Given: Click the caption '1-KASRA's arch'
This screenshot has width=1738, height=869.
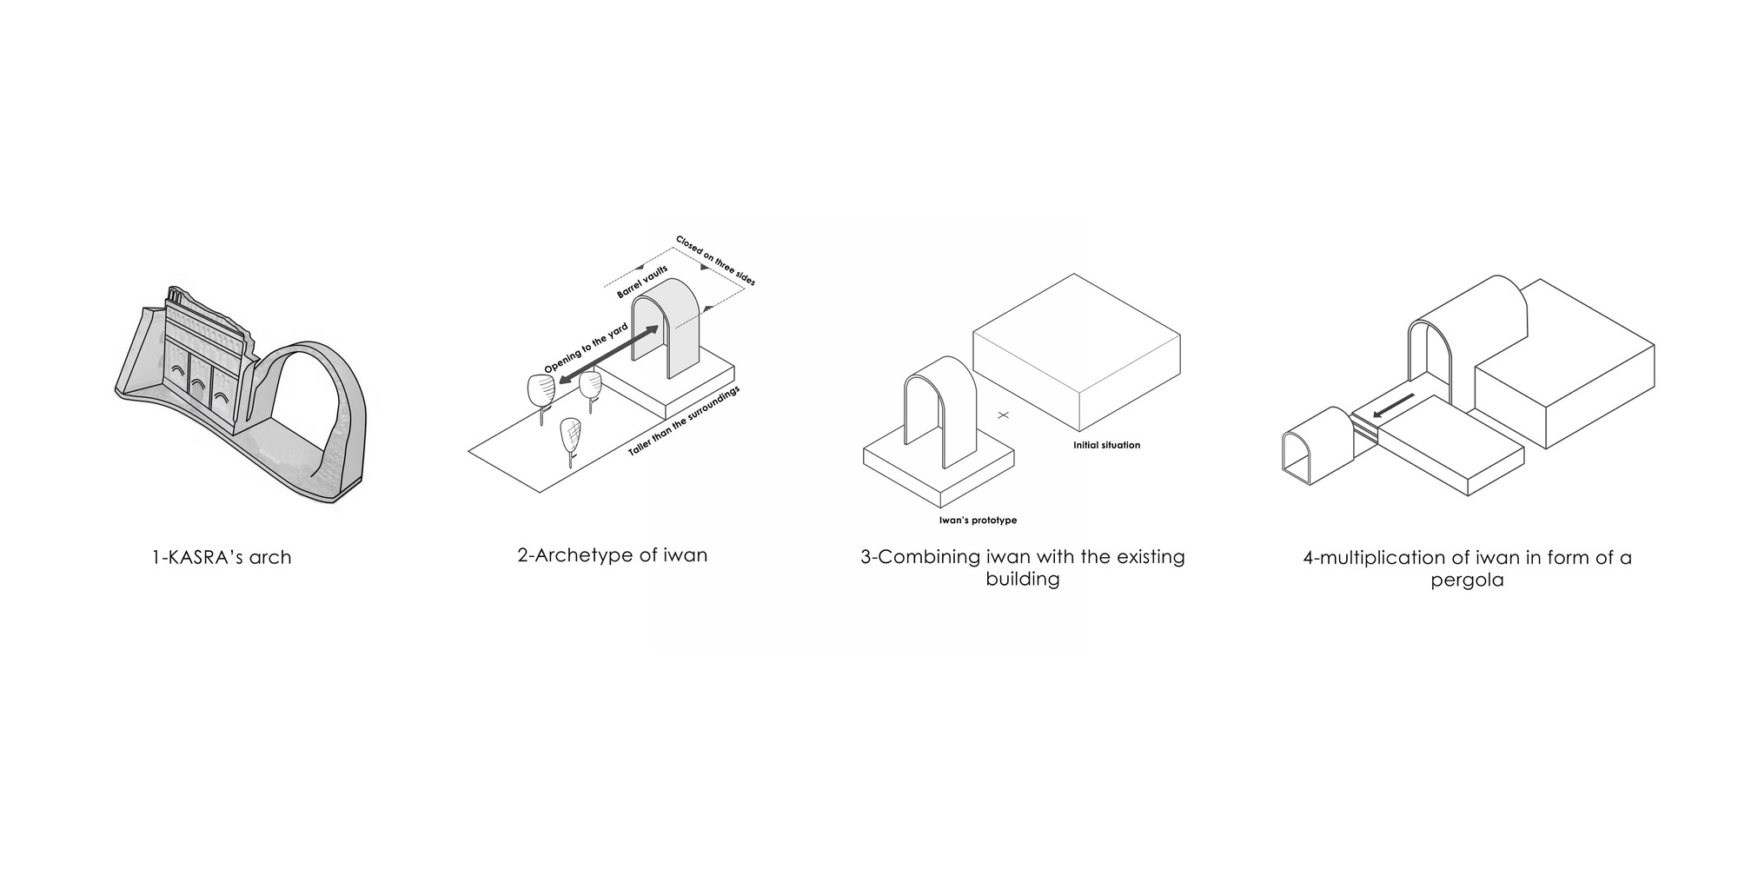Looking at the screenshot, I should coord(222,557).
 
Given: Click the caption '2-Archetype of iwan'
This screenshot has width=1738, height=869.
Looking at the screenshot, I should coord(612,555).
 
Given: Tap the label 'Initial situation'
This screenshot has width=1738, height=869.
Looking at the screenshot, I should coord(1106,445).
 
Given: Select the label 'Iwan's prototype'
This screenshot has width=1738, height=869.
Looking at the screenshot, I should coord(978,521).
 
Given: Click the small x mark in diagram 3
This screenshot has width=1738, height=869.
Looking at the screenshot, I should coord(1004,415).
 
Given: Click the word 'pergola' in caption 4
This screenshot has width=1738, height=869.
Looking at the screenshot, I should coord(1467,580).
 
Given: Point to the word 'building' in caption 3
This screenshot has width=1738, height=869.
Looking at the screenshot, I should coord(1022,579).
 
